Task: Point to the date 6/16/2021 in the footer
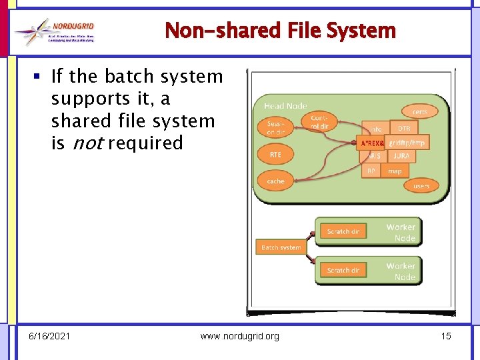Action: click(x=49, y=336)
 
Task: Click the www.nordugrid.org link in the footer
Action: click(x=240, y=336)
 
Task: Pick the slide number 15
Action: click(x=446, y=336)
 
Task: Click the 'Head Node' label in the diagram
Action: click(x=285, y=106)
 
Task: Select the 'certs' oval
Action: click(x=419, y=111)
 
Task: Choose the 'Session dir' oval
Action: click(x=276, y=127)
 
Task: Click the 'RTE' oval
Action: click(x=275, y=155)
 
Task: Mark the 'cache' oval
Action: click(x=275, y=181)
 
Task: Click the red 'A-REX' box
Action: click(x=371, y=143)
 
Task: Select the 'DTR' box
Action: click(x=404, y=129)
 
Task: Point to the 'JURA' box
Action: click(x=401, y=156)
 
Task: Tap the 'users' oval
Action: click(x=421, y=185)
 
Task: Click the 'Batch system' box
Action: click(x=281, y=247)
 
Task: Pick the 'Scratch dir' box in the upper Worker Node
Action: click(x=343, y=231)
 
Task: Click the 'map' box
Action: click(x=395, y=171)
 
